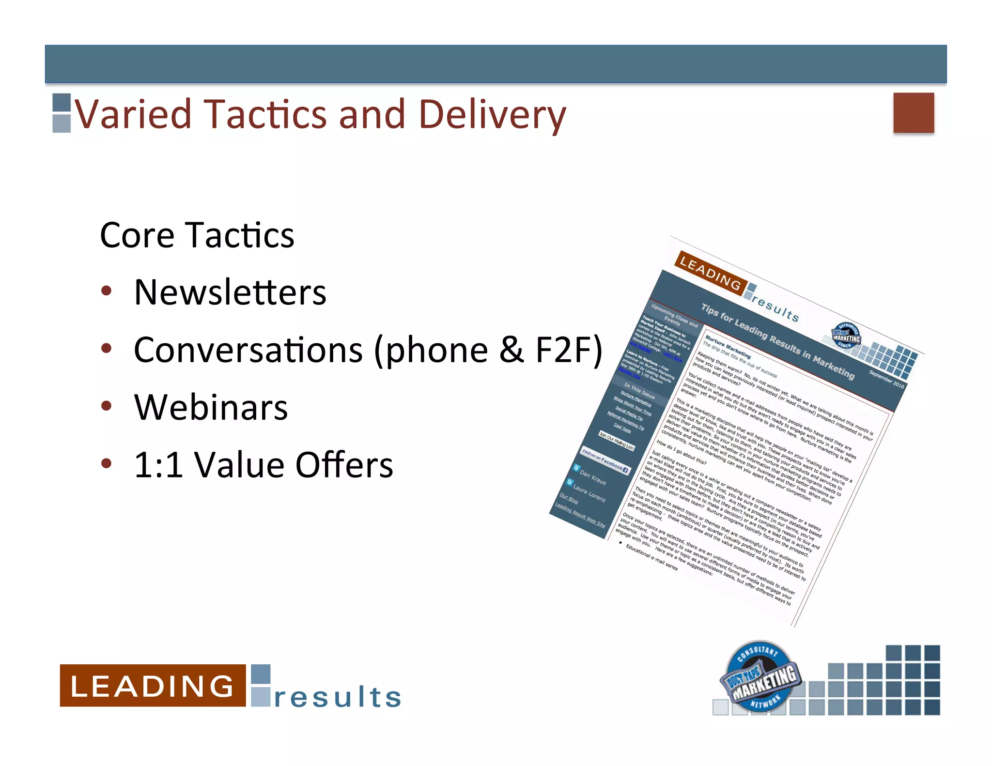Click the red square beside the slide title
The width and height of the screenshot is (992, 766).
tap(913, 112)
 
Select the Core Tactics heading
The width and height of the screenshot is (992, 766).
tap(197, 235)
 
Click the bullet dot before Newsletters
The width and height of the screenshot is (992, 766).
tap(107, 291)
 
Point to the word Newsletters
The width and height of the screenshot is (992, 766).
tap(230, 292)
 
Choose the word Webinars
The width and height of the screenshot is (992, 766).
tap(211, 407)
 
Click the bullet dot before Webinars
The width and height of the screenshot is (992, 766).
tap(107, 406)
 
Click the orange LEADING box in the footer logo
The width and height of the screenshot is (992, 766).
tap(152, 685)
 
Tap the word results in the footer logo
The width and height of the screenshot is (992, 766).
tap(338, 697)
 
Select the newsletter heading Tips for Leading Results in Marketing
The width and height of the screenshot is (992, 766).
tap(777, 342)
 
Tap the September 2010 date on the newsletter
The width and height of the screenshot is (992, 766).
tap(886, 379)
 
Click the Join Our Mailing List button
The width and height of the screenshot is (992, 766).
tap(616, 440)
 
